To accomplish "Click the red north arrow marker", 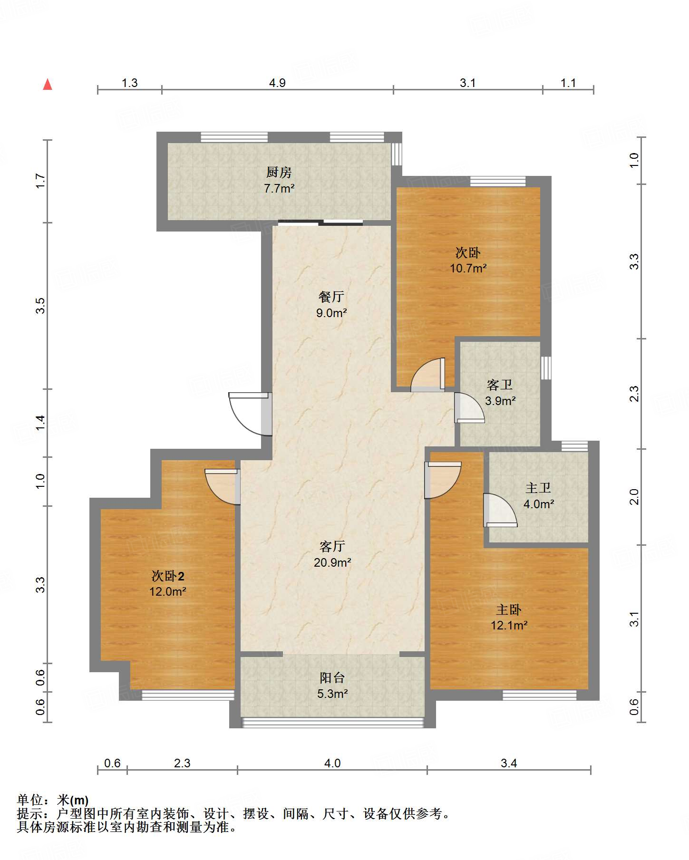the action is [x=48, y=84].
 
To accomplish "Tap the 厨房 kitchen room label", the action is [x=279, y=172].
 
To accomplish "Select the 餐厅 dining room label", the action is [x=331, y=297].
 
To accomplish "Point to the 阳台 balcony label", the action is [x=332, y=677].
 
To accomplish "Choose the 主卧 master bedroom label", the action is [x=509, y=609].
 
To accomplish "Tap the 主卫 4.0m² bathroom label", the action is [x=538, y=496].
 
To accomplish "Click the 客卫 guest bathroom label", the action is [x=500, y=384].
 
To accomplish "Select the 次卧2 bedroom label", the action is [x=168, y=576].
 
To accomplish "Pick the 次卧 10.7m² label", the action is [x=468, y=260].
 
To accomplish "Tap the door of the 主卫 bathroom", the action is [x=499, y=510].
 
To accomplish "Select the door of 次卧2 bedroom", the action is [x=223, y=486].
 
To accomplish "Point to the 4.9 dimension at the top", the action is [x=277, y=83].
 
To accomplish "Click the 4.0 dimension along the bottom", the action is [x=332, y=763].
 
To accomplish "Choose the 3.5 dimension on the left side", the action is [x=40, y=305].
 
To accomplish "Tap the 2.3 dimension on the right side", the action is [x=634, y=394].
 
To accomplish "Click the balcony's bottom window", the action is [x=332, y=723].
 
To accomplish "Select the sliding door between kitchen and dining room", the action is [x=320, y=222].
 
